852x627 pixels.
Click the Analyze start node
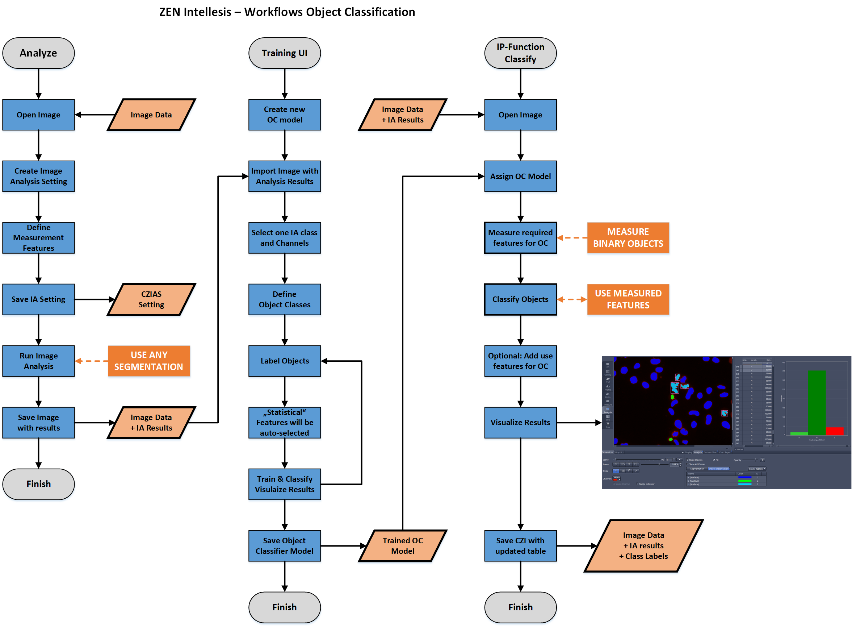pos(38,53)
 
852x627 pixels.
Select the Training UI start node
pos(284,53)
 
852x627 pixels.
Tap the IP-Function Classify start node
pos(520,53)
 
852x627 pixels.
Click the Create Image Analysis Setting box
pos(38,176)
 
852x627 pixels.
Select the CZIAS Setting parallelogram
pos(151,299)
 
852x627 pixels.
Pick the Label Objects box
pos(284,361)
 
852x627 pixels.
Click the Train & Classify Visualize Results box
pos(284,484)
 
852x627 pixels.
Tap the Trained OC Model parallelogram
pos(402,546)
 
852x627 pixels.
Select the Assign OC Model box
pos(520,176)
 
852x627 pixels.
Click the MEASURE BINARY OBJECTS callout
pos(628,238)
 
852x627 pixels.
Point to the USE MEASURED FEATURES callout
pos(628,299)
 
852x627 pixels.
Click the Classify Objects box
pos(520,299)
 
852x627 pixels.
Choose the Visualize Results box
pos(520,423)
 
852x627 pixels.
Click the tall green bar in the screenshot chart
pos(817,402)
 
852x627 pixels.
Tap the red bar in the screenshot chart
pos(834,431)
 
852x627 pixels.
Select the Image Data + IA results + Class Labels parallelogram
pos(643,546)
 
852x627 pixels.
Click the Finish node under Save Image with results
pos(38,484)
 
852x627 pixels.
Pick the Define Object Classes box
pos(284,299)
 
